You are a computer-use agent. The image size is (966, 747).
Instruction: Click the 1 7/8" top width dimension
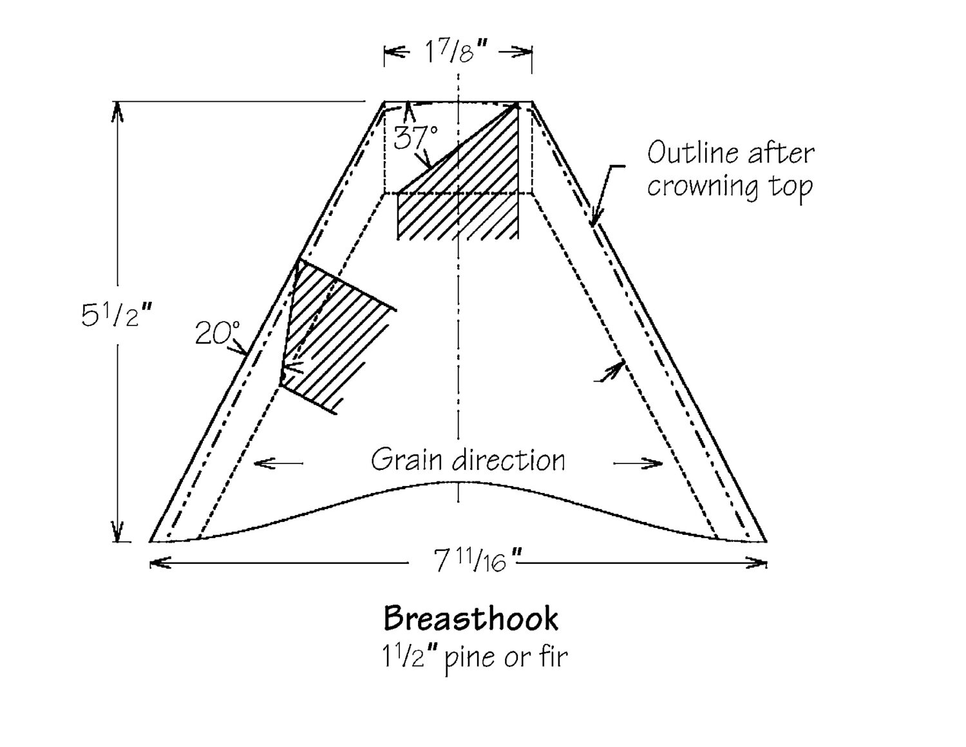tap(457, 52)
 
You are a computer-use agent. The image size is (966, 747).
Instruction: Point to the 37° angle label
tap(415, 137)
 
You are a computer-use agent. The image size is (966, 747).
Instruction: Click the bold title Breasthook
tap(471, 619)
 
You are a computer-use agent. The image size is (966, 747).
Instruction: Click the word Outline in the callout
tap(689, 153)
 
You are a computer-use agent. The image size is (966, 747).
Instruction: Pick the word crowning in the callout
tap(703, 186)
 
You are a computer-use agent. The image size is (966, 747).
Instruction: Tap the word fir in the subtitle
tap(553, 655)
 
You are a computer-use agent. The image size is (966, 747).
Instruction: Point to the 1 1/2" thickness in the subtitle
tap(410, 655)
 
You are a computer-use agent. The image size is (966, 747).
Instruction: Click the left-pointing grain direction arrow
tap(278, 463)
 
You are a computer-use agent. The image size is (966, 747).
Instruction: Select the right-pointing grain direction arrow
tap(638, 463)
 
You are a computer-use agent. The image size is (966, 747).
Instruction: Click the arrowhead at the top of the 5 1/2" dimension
tap(117, 110)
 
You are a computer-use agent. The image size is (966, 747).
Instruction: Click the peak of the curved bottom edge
tap(459, 482)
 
